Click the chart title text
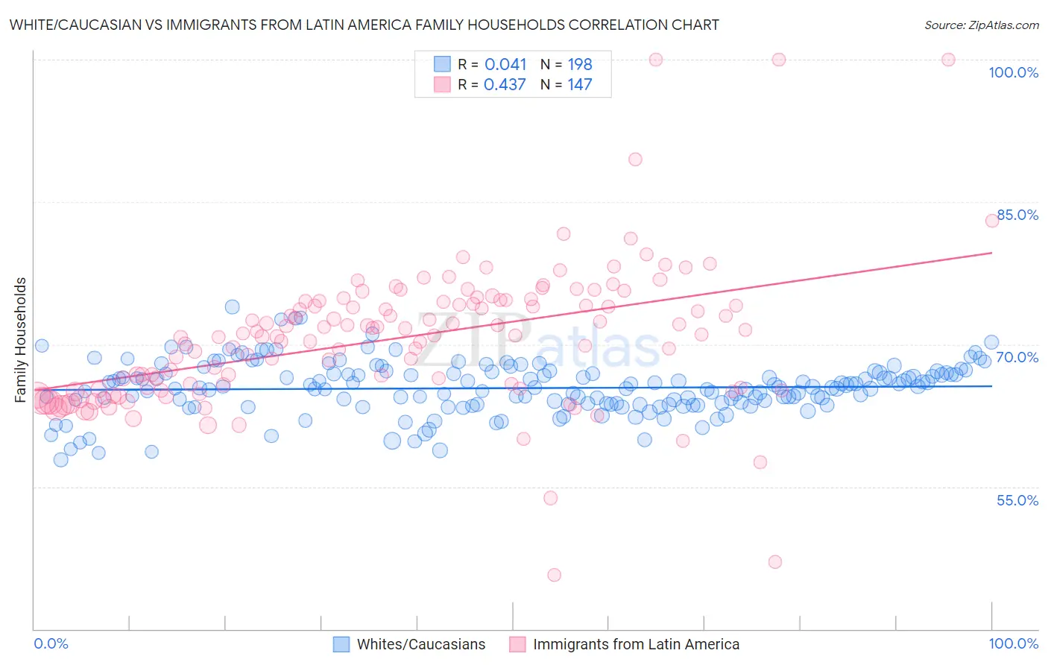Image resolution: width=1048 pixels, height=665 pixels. tap(364, 25)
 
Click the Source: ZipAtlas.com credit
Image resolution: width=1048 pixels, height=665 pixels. tap(981, 25)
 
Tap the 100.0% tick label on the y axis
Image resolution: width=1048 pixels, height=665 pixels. tap(1013, 72)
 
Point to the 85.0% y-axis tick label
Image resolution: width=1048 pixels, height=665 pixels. tap(1017, 215)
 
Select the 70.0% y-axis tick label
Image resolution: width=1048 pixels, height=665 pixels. tap(1017, 357)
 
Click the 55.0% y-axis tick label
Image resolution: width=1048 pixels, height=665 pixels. tap(1017, 500)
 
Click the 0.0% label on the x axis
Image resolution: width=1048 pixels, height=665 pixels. tap(51, 643)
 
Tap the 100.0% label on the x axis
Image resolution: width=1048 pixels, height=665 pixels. tap(1013, 643)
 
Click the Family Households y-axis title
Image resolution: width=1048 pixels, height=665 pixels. tap(21, 340)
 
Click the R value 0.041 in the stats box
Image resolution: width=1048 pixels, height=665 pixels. tap(505, 65)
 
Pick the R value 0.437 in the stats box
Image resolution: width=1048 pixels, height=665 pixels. tap(505, 85)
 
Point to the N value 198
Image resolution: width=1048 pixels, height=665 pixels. tap(580, 65)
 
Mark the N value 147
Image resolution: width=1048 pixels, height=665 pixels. tap(580, 85)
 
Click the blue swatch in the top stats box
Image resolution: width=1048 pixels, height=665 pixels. tap(443, 64)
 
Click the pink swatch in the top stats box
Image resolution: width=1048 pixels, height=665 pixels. tap(443, 84)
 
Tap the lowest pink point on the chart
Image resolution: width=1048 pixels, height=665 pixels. tap(554, 575)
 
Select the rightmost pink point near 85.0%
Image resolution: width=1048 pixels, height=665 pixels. tap(992, 220)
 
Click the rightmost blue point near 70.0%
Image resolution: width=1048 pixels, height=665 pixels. tap(991, 342)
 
